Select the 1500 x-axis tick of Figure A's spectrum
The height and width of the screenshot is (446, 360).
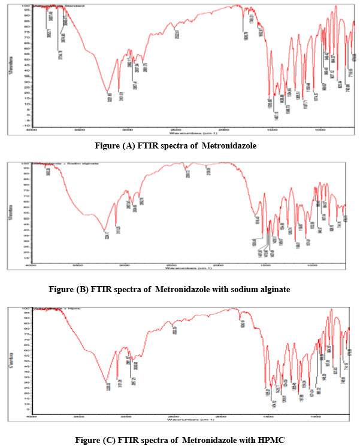(271, 130)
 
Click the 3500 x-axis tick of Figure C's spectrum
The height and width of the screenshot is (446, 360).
(79, 415)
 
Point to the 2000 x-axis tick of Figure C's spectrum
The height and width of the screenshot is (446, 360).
(223, 415)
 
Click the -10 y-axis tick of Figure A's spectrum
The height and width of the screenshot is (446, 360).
(27, 126)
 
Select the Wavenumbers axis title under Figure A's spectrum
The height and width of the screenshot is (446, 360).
(189, 134)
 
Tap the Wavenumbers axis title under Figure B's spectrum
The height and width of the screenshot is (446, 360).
(189, 268)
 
